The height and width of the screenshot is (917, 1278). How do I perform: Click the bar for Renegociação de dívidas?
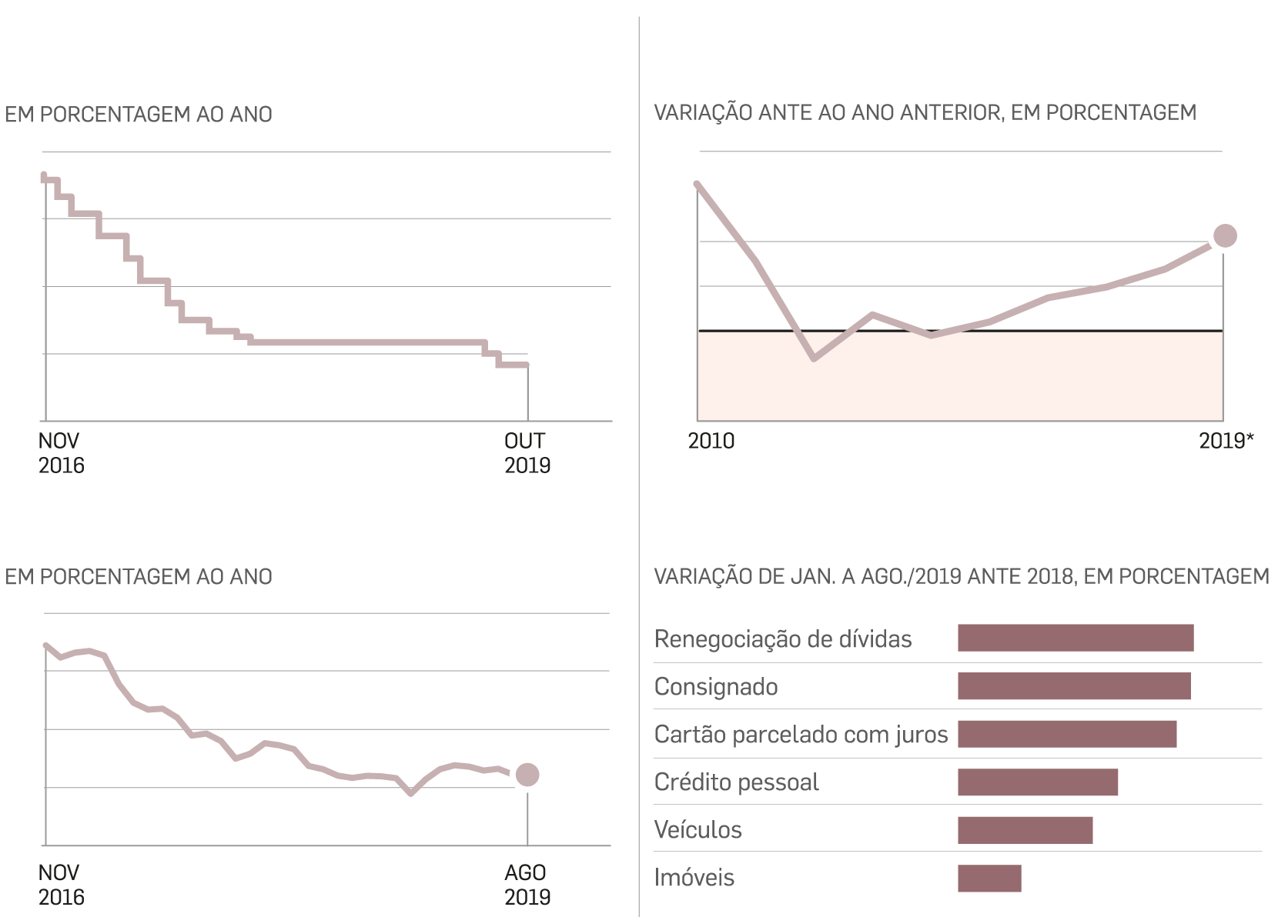click(x=1075, y=638)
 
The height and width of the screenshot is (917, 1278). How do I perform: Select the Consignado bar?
click(x=1073, y=685)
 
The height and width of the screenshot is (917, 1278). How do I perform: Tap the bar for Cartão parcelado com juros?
click(x=1066, y=734)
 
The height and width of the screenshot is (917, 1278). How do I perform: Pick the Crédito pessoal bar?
click(x=1037, y=782)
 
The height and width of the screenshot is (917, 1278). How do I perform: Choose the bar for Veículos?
click(x=1025, y=830)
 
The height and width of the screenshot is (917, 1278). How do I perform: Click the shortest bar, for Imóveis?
click(x=989, y=878)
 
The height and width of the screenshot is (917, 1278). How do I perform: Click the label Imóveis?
click(x=694, y=878)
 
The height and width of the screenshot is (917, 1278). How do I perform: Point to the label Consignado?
click(x=715, y=686)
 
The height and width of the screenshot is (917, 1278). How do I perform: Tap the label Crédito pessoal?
click(x=736, y=782)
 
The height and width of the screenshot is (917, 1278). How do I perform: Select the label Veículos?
click(x=698, y=830)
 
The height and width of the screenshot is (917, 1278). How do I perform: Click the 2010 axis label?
click(x=711, y=442)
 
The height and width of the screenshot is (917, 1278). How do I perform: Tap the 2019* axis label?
click(x=1226, y=442)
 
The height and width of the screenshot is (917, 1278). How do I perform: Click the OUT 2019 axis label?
click(x=527, y=453)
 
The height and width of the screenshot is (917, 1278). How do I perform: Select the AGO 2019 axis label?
click(x=527, y=885)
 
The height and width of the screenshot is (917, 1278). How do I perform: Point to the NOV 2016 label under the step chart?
click(x=61, y=453)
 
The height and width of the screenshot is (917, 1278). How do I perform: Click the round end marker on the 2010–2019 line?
click(x=1224, y=236)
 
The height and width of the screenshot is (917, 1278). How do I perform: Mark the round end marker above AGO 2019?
click(x=527, y=775)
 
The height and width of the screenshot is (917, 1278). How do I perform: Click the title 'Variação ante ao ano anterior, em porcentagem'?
click(x=925, y=113)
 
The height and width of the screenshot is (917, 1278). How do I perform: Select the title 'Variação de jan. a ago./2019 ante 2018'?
click(x=961, y=576)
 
